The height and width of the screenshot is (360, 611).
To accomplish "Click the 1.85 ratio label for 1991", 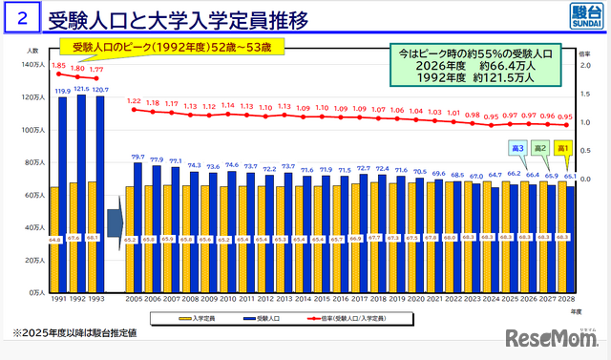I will click(x=59, y=66).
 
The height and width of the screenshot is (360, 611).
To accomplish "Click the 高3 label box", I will click(x=515, y=148).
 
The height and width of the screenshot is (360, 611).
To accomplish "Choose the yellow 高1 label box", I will click(x=562, y=148).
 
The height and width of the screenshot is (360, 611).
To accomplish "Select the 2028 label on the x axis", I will click(x=564, y=299).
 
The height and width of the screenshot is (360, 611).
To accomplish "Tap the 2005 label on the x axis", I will click(x=134, y=299).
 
